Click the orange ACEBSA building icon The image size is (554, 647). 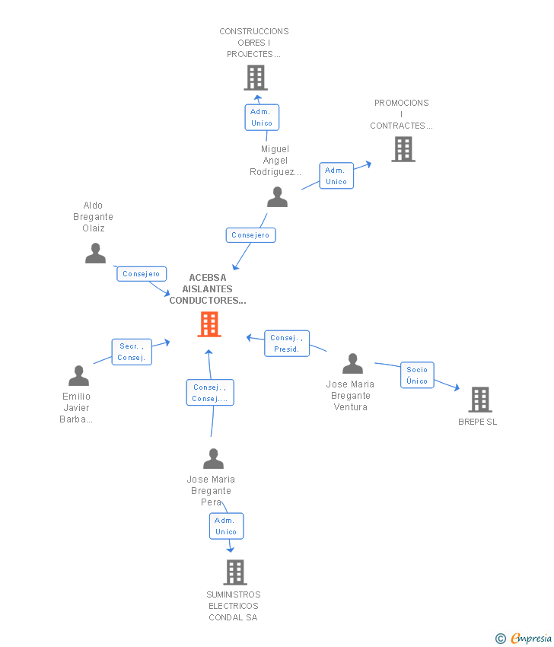point(209,324)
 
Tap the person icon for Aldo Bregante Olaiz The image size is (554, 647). point(95,253)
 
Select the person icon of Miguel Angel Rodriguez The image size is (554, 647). point(278,197)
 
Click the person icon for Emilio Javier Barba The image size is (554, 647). point(78,376)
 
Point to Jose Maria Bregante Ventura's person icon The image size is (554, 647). point(352,364)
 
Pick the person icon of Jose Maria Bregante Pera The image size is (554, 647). point(214,459)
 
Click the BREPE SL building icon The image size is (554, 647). point(479,400)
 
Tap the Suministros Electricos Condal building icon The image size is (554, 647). point(235,572)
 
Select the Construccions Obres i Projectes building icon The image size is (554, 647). point(256,78)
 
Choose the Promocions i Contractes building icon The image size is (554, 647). point(403,149)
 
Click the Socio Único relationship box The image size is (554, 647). point(417,375)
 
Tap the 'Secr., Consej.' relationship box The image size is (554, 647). point(131,352)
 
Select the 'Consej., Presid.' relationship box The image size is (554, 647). point(286,344)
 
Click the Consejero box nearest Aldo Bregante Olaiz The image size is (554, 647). point(141,274)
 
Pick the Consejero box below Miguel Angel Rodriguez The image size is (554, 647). point(250,235)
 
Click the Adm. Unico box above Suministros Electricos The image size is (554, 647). point(226,526)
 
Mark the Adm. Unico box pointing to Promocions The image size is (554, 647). point(336,176)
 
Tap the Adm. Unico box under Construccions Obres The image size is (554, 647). point(261,117)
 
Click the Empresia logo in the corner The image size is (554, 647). point(524,638)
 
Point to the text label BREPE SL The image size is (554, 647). point(478,422)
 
